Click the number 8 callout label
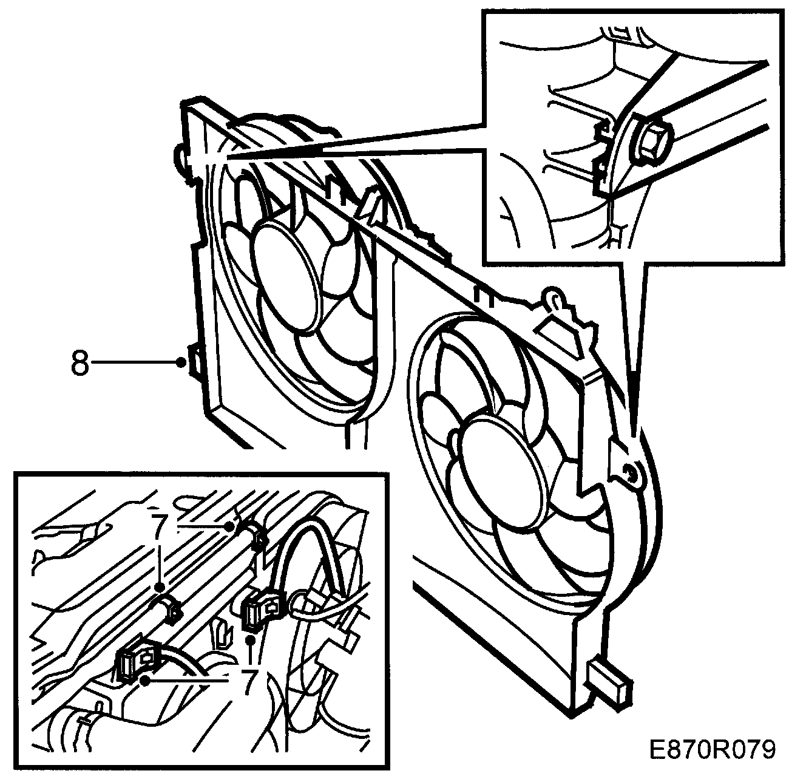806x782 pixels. point(80,362)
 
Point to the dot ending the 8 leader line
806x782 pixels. point(181,362)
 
